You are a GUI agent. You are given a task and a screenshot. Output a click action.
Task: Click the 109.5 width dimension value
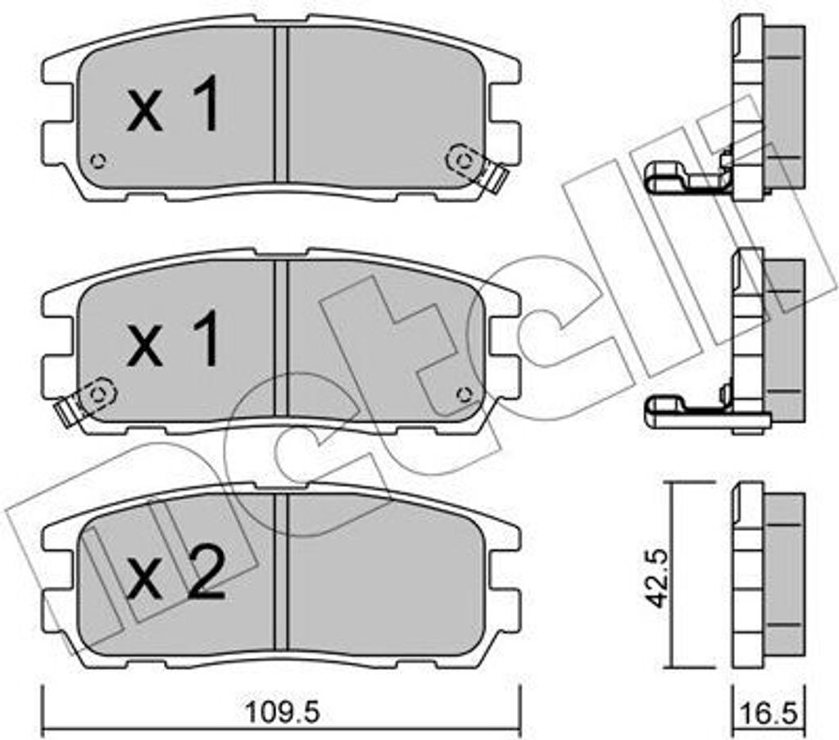pyautogui.click(x=282, y=712)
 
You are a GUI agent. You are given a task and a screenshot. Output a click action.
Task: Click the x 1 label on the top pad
pyautogui.click(x=173, y=102)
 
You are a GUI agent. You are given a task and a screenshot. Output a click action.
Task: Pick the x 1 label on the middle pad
pyautogui.click(x=173, y=337)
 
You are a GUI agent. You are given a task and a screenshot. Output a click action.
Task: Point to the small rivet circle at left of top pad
pyautogui.click(x=98, y=161)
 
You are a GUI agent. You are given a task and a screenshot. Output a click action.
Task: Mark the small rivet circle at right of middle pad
pyautogui.click(x=464, y=395)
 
